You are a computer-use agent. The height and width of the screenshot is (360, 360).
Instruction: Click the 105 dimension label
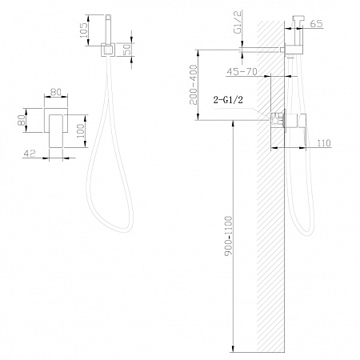(83, 30)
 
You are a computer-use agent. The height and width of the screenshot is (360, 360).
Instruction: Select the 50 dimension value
(128, 50)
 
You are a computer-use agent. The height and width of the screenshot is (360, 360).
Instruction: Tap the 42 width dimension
(30, 154)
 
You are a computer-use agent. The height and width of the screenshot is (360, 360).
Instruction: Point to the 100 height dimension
(80, 130)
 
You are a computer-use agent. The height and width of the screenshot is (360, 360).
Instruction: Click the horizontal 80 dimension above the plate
(56, 92)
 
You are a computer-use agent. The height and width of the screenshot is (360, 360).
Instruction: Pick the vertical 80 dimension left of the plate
(22, 120)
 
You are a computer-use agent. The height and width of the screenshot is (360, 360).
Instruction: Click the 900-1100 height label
(229, 236)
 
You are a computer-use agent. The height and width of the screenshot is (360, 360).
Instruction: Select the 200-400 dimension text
(193, 85)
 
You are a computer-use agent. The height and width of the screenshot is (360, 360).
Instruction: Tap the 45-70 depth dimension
(242, 71)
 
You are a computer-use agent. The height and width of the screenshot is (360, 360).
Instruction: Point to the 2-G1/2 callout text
(228, 100)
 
